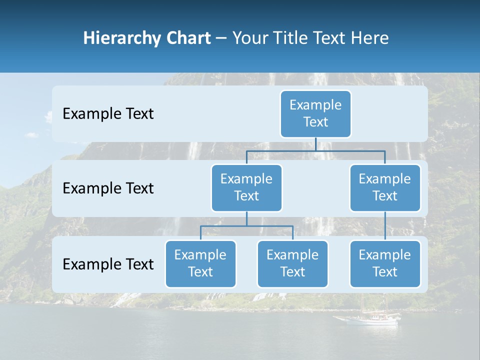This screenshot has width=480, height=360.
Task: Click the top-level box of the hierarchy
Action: click(x=315, y=113)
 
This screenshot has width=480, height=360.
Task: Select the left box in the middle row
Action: click(x=246, y=187)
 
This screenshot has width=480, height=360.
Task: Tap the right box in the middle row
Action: click(x=385, y=187)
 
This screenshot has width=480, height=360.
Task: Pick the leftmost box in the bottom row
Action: click(x=200, y=263)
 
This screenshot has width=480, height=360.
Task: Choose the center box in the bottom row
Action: click(x=292, y=263)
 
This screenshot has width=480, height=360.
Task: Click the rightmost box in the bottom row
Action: click(x=385, y=263)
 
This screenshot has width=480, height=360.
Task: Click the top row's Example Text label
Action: click(x=108, y=114)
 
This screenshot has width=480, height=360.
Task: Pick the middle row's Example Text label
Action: click(x=108, y=188)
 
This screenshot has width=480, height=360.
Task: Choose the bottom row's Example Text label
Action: click(x=108, y=264)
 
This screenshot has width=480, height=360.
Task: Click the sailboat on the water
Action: click(x=367, y=318)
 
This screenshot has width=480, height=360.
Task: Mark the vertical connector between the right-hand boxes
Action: click(x=385, y=226)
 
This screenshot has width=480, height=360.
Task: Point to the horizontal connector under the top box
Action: click(x=315, y=150)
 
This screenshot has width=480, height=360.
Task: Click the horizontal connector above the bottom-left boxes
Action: click(x=246, y=226)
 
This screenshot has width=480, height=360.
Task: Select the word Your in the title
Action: click(x=250, y=38)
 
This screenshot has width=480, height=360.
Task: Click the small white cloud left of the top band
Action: click(x=32, y=134)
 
